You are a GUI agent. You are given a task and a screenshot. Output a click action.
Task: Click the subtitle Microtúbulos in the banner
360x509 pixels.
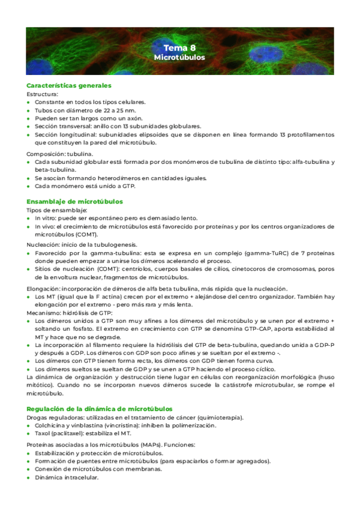[x=179, y=58]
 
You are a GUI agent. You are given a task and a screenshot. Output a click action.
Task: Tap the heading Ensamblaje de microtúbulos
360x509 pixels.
[x=74, y=202]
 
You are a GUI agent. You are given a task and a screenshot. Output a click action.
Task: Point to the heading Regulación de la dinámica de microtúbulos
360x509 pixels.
[x=100, y=391]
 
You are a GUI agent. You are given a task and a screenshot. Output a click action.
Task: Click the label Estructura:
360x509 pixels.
[x=43, y=94]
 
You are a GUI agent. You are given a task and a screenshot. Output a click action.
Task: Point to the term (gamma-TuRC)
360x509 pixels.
[x=244, y=253]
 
